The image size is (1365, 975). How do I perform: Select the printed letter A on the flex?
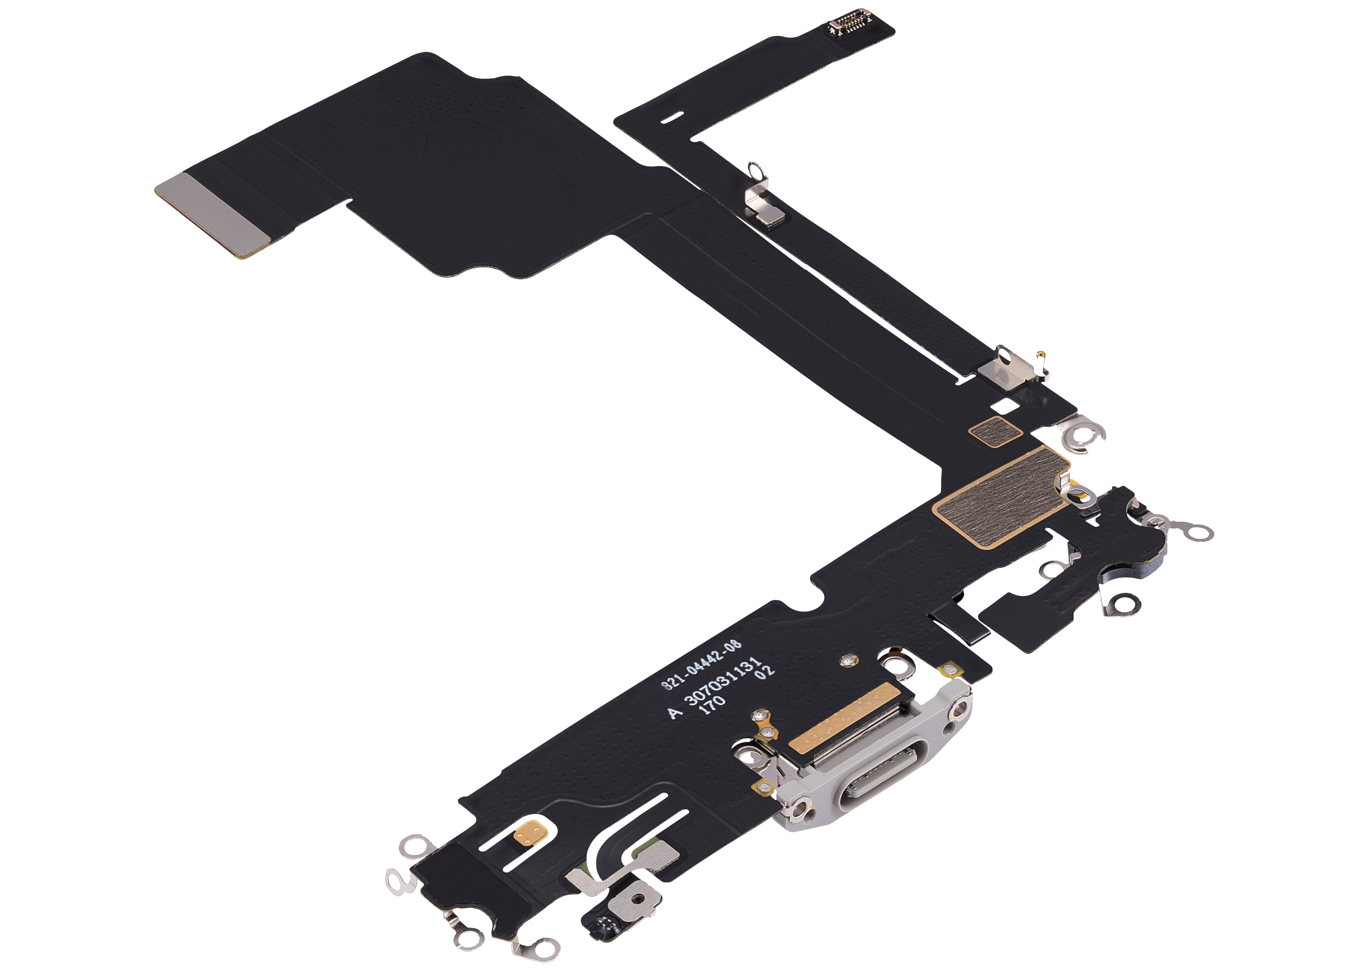676,713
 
